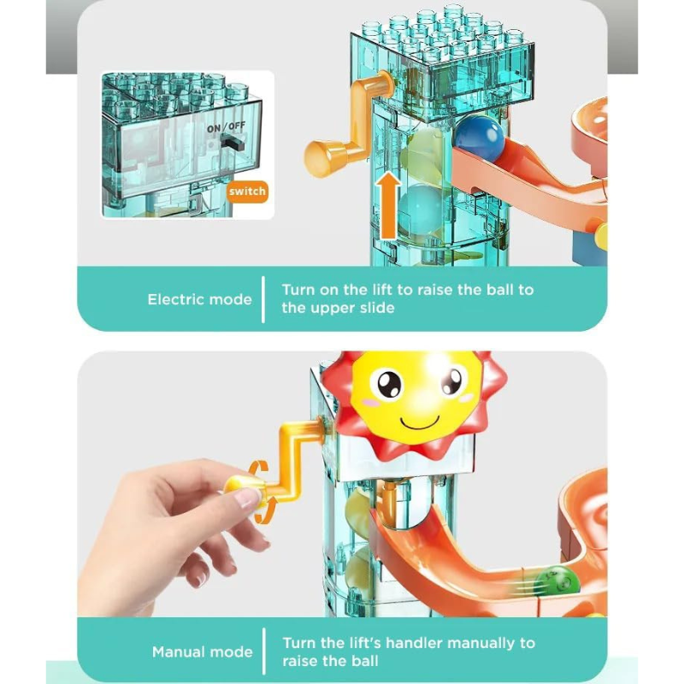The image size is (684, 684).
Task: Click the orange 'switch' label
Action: [x=247, y=192]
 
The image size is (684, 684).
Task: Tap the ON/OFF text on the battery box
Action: [x=226, y=127]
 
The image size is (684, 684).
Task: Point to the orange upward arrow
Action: [x=388, y=205]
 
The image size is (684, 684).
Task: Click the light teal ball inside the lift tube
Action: [x=421, y=209]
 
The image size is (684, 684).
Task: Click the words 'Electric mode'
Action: [x=199, y=300]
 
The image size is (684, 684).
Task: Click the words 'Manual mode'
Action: [x=202, y=652]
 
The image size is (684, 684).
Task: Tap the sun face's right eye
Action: [x=451, y=380]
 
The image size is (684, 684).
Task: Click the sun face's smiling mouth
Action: [x=420, y=423]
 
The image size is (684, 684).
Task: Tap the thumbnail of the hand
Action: [x=245, y=498]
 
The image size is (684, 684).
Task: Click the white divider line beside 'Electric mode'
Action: [x=263, y=300]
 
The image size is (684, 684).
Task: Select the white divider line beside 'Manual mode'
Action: [x=264, y=652]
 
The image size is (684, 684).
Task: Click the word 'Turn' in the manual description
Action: [x=298, y=644]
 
